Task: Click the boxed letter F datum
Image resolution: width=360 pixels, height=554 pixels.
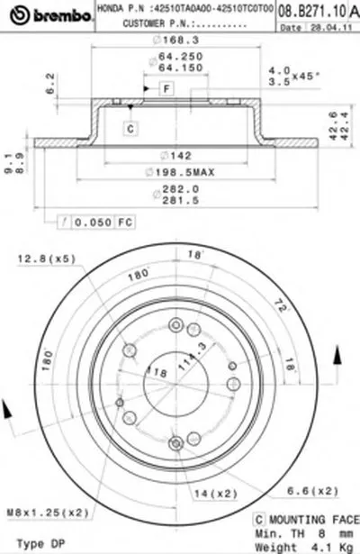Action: pos(167,87)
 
